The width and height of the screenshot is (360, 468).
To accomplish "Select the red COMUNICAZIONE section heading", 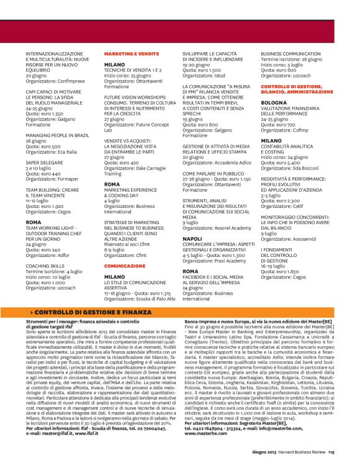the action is (125, 265).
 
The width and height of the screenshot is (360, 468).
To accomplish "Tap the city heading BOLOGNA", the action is (274, 101).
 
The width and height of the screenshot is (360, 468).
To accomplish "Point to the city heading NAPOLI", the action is (192, 238).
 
